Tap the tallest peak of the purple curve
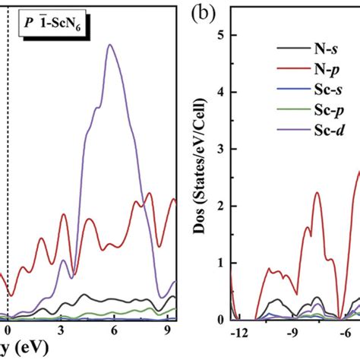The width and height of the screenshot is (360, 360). [111, 45]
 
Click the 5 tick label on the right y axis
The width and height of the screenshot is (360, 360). [219, 35]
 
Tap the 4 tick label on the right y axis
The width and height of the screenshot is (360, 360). [219, 92]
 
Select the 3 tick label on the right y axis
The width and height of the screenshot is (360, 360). [219, 149]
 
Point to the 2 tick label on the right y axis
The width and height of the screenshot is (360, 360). [219, 206]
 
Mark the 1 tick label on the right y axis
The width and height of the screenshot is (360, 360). [219, 263]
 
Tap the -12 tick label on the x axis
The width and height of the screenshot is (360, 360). [238, 333]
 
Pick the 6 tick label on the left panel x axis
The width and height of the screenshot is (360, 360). [113, 332]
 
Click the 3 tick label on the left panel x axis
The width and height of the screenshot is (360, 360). [61, 332]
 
